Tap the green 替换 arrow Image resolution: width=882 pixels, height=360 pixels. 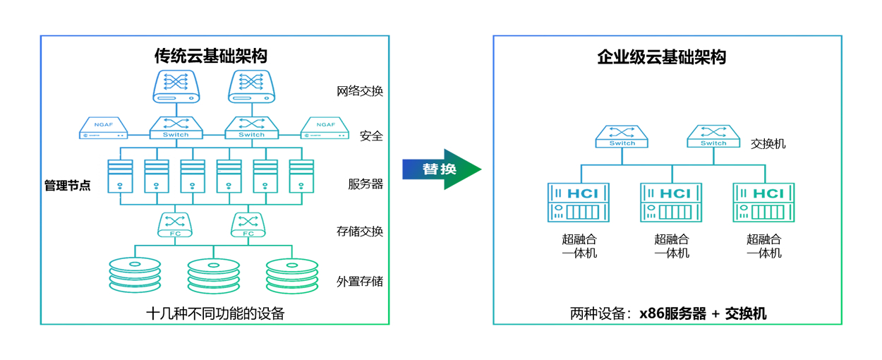[x=442, y=169]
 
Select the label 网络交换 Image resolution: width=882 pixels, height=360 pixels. [x=360, y=91]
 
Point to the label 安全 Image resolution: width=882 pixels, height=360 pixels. [x=371, y=136]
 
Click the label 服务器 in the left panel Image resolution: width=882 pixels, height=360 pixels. [x=366, y=184]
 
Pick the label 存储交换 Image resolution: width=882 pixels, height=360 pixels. [x=360, y=231]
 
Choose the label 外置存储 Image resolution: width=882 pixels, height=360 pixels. [x=360, y=281]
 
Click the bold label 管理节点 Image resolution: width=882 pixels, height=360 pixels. [x=68, y=186]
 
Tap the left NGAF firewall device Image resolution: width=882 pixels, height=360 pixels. [x=103, y=128]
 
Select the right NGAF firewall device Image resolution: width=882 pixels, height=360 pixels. [x=325, y=128]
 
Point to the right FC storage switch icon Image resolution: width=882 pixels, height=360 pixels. [x=248, y=224]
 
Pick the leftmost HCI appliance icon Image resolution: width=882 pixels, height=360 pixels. [x=579, y=203]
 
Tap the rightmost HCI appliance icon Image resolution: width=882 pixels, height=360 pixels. [x=763, y=203]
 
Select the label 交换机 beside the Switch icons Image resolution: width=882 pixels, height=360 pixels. [x=768, y=144]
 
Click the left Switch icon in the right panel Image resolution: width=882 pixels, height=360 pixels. [x=622, y=136]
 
